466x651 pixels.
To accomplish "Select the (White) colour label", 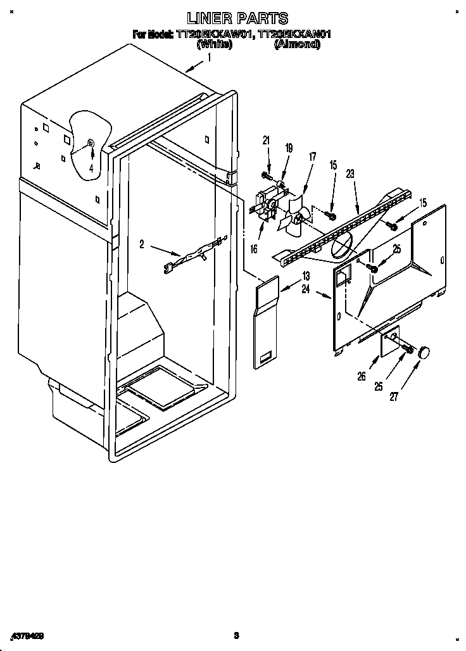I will click(214, 44).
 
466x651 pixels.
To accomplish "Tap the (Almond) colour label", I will click(296, 44).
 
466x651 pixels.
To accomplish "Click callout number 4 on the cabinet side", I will click(91, 168).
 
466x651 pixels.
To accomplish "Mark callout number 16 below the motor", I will click(254, 249).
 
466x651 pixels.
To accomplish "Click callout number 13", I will click(306, 275).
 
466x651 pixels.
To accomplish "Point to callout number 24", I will click(306, 289).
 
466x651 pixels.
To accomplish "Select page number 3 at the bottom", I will click(235, 635).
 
